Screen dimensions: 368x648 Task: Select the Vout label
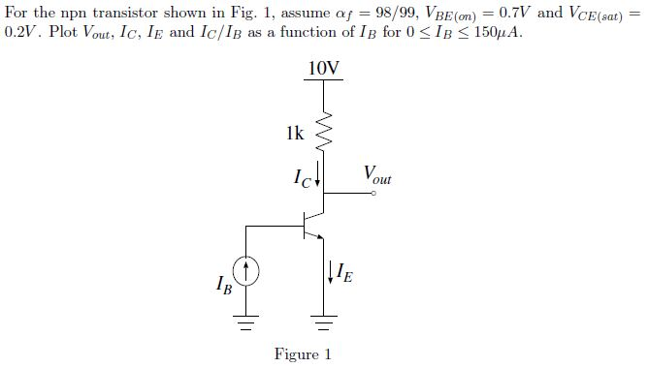(x=377, y=175)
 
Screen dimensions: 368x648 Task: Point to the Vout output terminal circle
(x=373, y=194)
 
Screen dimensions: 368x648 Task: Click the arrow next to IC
(x=317, y=177)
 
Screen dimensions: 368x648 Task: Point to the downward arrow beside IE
(x=333, y=272)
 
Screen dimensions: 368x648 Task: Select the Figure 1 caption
(x=303, y=353)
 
